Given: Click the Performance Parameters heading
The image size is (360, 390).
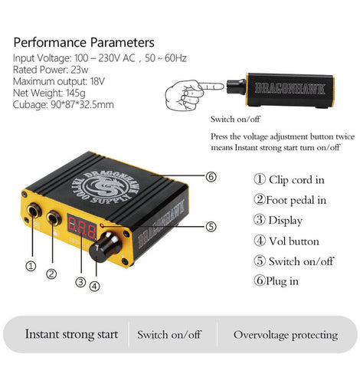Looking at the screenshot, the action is (x=83, y=42).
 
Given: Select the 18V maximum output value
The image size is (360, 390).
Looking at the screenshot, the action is (x=97, y=81).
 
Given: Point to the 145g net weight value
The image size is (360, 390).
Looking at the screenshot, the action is (x=75, y=93).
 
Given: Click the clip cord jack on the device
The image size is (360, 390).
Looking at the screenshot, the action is (x=34, y=211).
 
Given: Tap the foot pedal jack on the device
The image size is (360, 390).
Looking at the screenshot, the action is (x=54, y=218).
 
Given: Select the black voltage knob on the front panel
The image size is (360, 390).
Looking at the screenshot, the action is (x=104, y=247).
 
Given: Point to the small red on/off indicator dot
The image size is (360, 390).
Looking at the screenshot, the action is (x=103, y=225).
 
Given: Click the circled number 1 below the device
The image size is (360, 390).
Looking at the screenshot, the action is (x=31, y=267).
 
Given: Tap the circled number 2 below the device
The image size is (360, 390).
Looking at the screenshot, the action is (x=51, y=274).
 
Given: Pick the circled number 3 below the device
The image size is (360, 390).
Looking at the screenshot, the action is (x=80, y=282).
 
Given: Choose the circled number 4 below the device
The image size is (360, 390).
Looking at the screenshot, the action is (x=94, y=287).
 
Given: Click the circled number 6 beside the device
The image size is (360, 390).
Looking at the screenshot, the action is (x=211, y=177).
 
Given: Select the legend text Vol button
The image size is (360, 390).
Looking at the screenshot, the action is (x=294, y=241).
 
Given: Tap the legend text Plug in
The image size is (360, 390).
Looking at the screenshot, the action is (x=282, y=281).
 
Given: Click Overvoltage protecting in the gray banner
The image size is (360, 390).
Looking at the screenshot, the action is (x=286, y=335).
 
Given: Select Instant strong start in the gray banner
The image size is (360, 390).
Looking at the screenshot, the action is (x=71, y=334).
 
